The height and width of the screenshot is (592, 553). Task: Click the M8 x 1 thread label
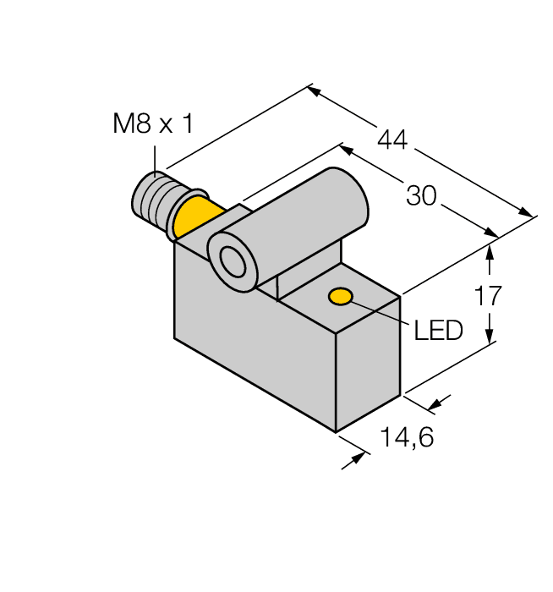coord(153,125)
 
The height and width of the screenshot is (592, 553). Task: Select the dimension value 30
coord(421,196)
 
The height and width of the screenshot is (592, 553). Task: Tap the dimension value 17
coord(489,295)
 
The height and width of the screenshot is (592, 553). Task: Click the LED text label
coord(438,331)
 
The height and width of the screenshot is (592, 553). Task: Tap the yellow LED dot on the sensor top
coord(341,296)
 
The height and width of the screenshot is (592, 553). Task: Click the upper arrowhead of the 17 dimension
coord(490,250)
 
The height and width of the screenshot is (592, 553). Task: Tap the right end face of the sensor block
coord(368,364)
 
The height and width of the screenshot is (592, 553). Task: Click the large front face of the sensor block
coord(254,355)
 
